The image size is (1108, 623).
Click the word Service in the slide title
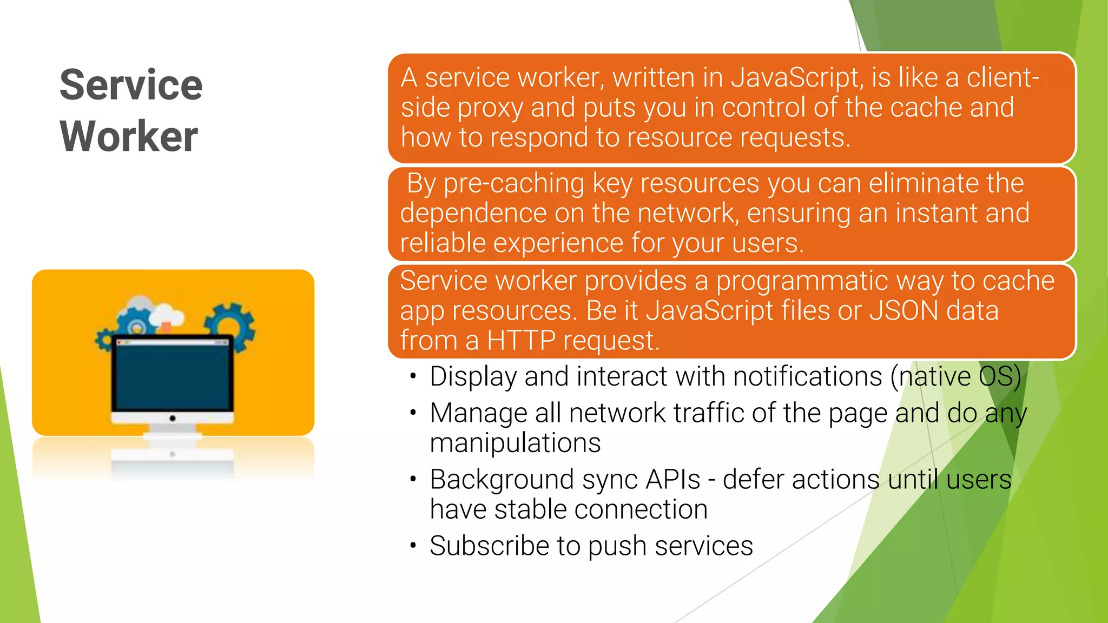pyautogui.click(x=131, y=85)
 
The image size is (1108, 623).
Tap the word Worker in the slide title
pyautogui.click(x=129, y=136)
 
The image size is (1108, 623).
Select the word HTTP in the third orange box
pyautogui.click(x=521, y=341)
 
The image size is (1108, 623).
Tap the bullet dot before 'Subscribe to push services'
pyautogui.click(x=413, y=546)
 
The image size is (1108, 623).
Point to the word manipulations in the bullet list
pyautogui.click(x=515, y=443)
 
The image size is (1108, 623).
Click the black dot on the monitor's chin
pyautogui.click(x=173, y=418)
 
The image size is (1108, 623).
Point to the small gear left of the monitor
pyautogui.click(x=103, y=340)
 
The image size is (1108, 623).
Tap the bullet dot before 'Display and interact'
pyautogui.click(x=413, y=376)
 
